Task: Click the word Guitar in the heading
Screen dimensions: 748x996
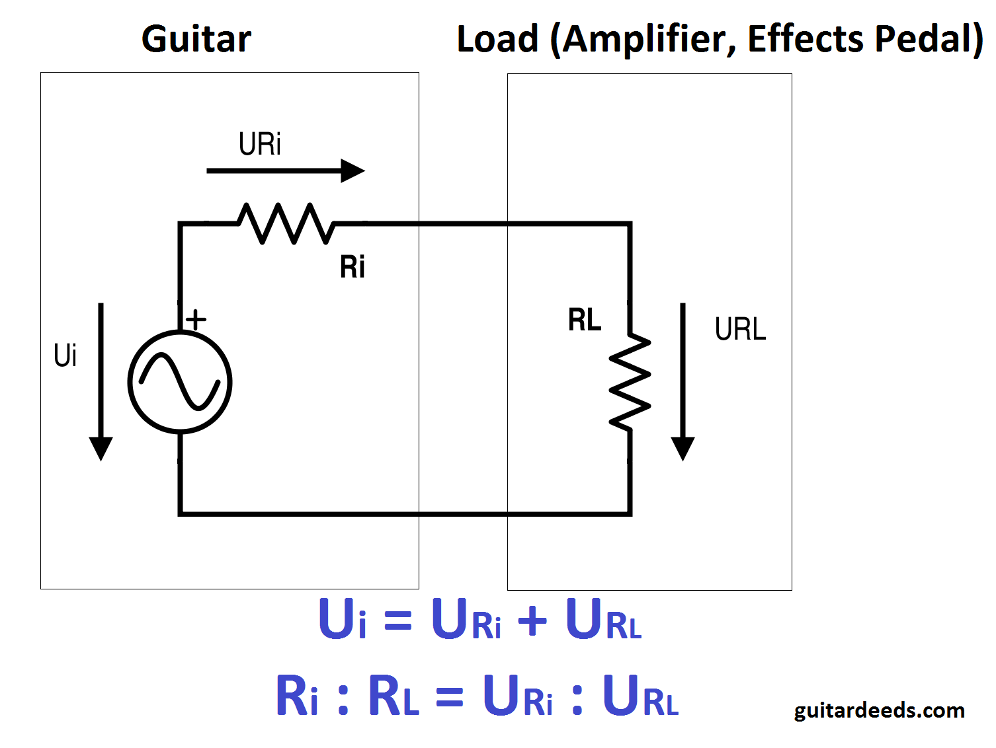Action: point(196,39)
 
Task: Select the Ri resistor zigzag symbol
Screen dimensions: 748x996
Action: point(286,223)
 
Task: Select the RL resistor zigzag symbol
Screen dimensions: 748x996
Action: point(630,382)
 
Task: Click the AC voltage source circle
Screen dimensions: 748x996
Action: point(180,382)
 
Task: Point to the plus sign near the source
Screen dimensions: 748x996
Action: point(196,320)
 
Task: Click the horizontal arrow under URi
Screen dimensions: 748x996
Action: point(285,170)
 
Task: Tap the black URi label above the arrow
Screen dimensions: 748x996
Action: point(260,144)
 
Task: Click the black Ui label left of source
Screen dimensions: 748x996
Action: point(65,355)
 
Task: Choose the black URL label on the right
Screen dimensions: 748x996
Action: point(740,329)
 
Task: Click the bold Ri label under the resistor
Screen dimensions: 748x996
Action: point(353,268)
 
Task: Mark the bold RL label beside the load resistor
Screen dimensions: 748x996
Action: point(585,320)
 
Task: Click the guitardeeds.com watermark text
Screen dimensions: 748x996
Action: point(879,710)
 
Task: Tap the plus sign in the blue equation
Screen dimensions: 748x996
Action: point(532,622)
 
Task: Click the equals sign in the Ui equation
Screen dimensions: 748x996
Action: point(398,622)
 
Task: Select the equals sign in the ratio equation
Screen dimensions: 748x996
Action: point(450,697)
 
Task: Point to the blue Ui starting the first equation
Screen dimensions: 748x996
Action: point(342,619)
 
